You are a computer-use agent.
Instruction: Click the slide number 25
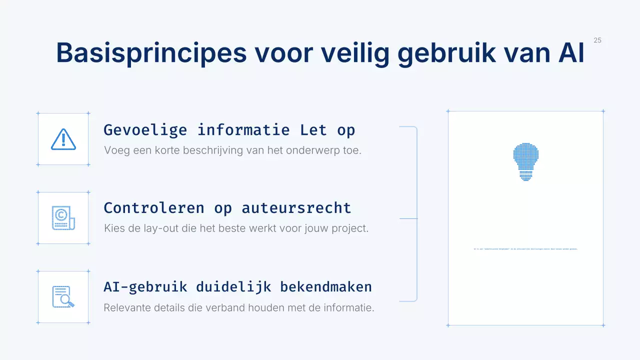coord(597,40)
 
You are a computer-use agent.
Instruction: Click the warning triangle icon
coord(63,139)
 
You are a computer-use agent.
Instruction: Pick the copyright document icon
coord(63,218)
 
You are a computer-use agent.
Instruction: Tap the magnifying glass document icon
coord(63,297)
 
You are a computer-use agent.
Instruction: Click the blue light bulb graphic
coord(525,161)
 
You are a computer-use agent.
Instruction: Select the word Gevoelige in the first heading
coord(145,130)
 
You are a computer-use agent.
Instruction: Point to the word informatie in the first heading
coord(243,130)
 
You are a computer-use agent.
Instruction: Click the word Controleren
coord(154,208)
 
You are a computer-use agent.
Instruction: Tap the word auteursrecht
coord(296,208)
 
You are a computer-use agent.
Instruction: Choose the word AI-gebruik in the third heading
coord(145,287)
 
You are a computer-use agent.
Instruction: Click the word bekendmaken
coord(326,287)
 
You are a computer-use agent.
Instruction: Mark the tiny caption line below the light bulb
coord(525,249)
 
